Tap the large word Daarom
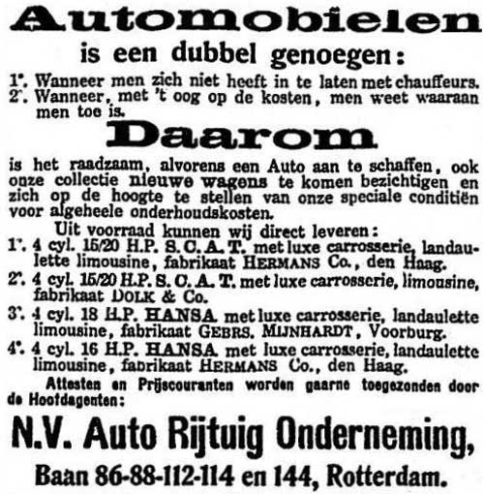point(242,134)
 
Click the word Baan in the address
point(61,475)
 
